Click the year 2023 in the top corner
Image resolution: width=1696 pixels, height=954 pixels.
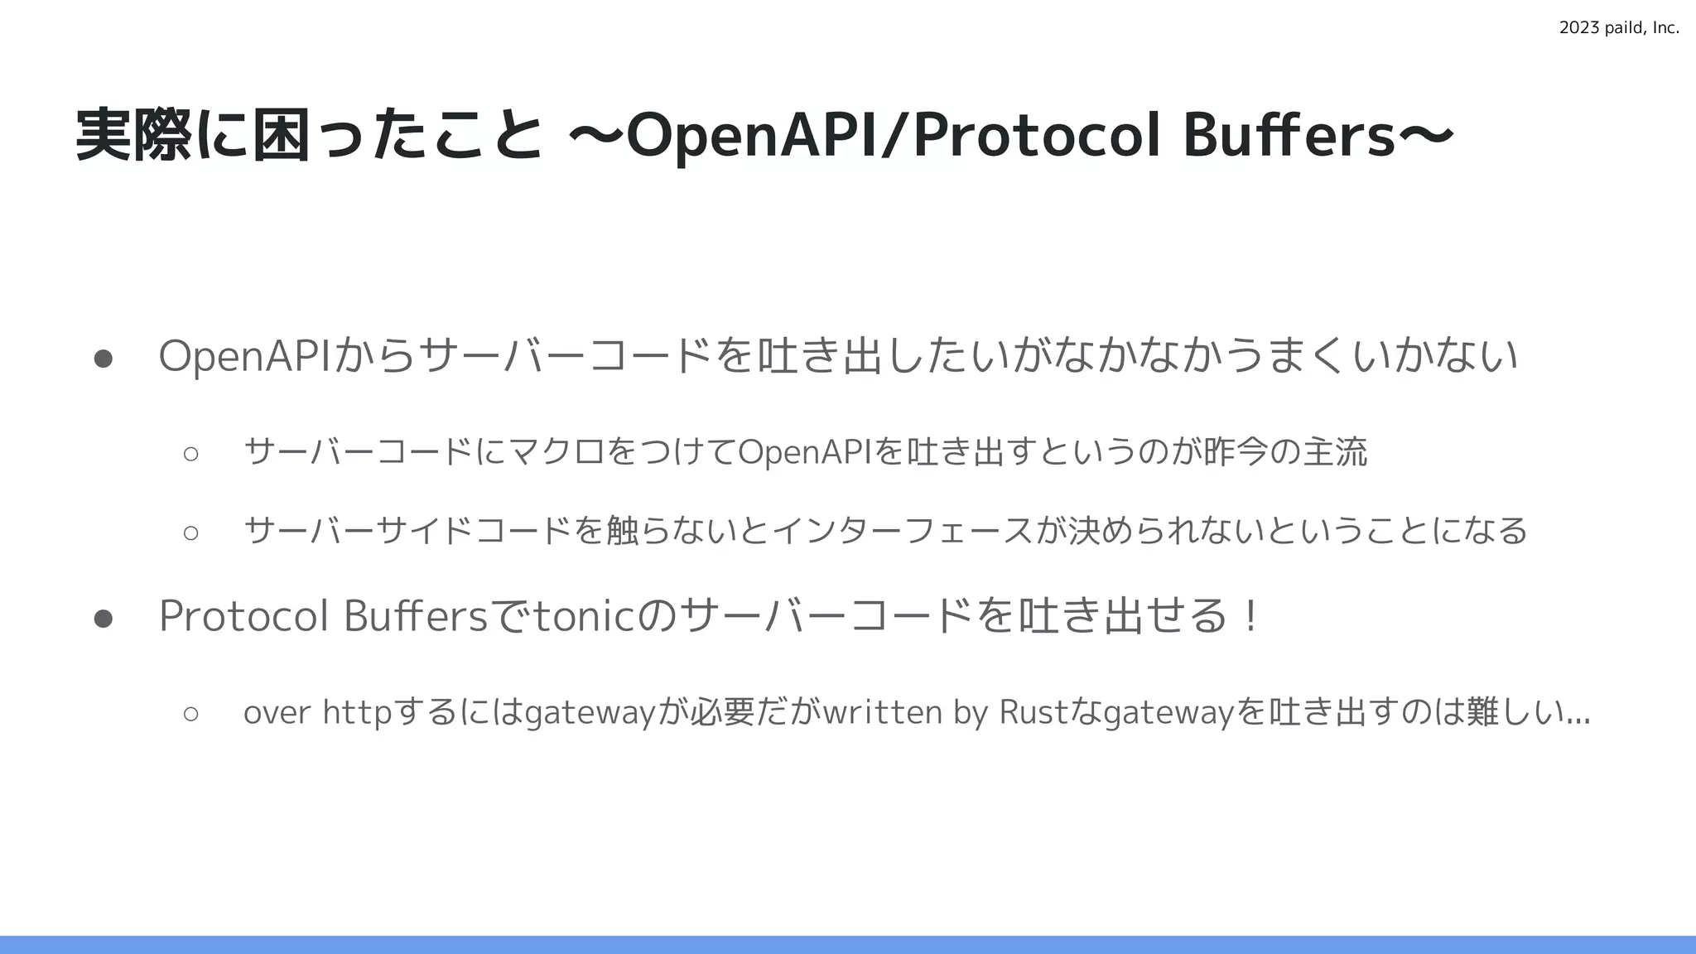click(x=1576, y=28)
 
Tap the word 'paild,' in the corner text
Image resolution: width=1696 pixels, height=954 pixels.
click(x=1622, y=28)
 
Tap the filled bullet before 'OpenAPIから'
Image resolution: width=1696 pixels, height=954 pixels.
click(x=104, y=358)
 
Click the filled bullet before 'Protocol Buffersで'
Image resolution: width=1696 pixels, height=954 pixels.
click(x=104, y=618)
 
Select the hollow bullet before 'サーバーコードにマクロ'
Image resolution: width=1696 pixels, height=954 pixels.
click(x=191, y=453)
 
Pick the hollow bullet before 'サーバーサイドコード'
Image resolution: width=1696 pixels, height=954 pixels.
click(x=191, y=532)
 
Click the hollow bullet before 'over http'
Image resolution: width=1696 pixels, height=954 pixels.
click(x=191, y=713)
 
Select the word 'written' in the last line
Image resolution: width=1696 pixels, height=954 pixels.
click(x=883, y=712)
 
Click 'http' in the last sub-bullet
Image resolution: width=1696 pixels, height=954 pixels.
click(x=356, y=712)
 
